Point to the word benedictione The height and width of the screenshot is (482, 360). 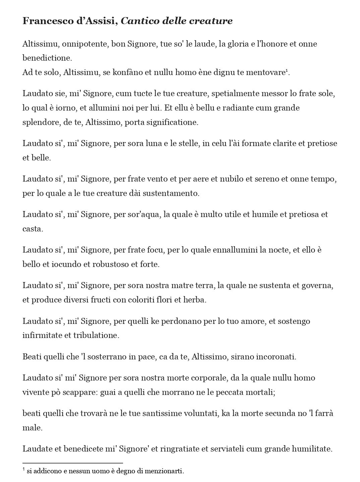click(47, 58)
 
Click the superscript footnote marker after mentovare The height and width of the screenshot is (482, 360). click(287, 71)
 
